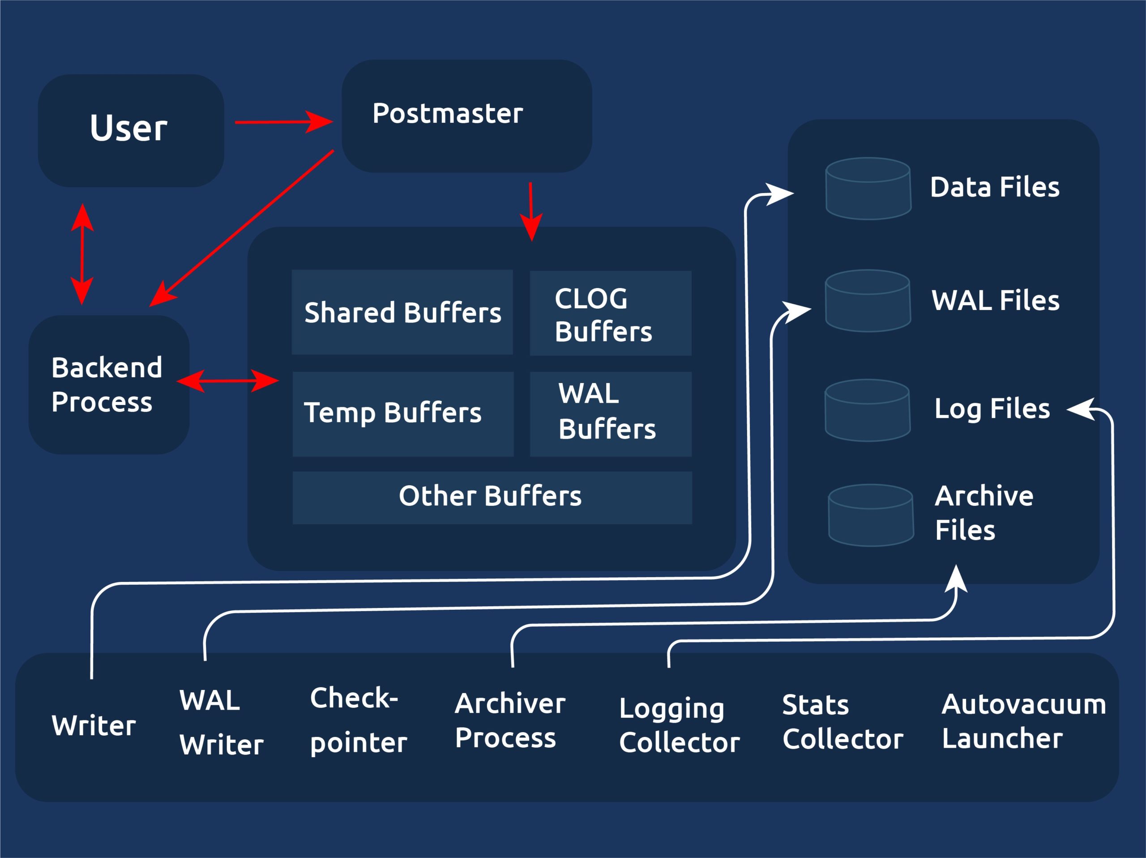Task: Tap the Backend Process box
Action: tap(109, 385)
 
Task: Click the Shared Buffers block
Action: tap(402, 312)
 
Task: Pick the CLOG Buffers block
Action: tap(610, 313)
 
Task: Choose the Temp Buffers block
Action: tap(403, 414)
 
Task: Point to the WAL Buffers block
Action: tap(610, 414)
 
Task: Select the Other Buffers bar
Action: tap(492, 497)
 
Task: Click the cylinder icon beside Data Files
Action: tap(868, 189)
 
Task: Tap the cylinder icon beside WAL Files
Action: tap(868, 301)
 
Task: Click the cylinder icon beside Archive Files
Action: tap(871, 515)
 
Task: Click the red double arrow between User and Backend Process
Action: tap(82, 254)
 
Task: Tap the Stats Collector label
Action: tap(842, 722)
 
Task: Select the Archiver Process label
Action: tap(510, 720)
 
